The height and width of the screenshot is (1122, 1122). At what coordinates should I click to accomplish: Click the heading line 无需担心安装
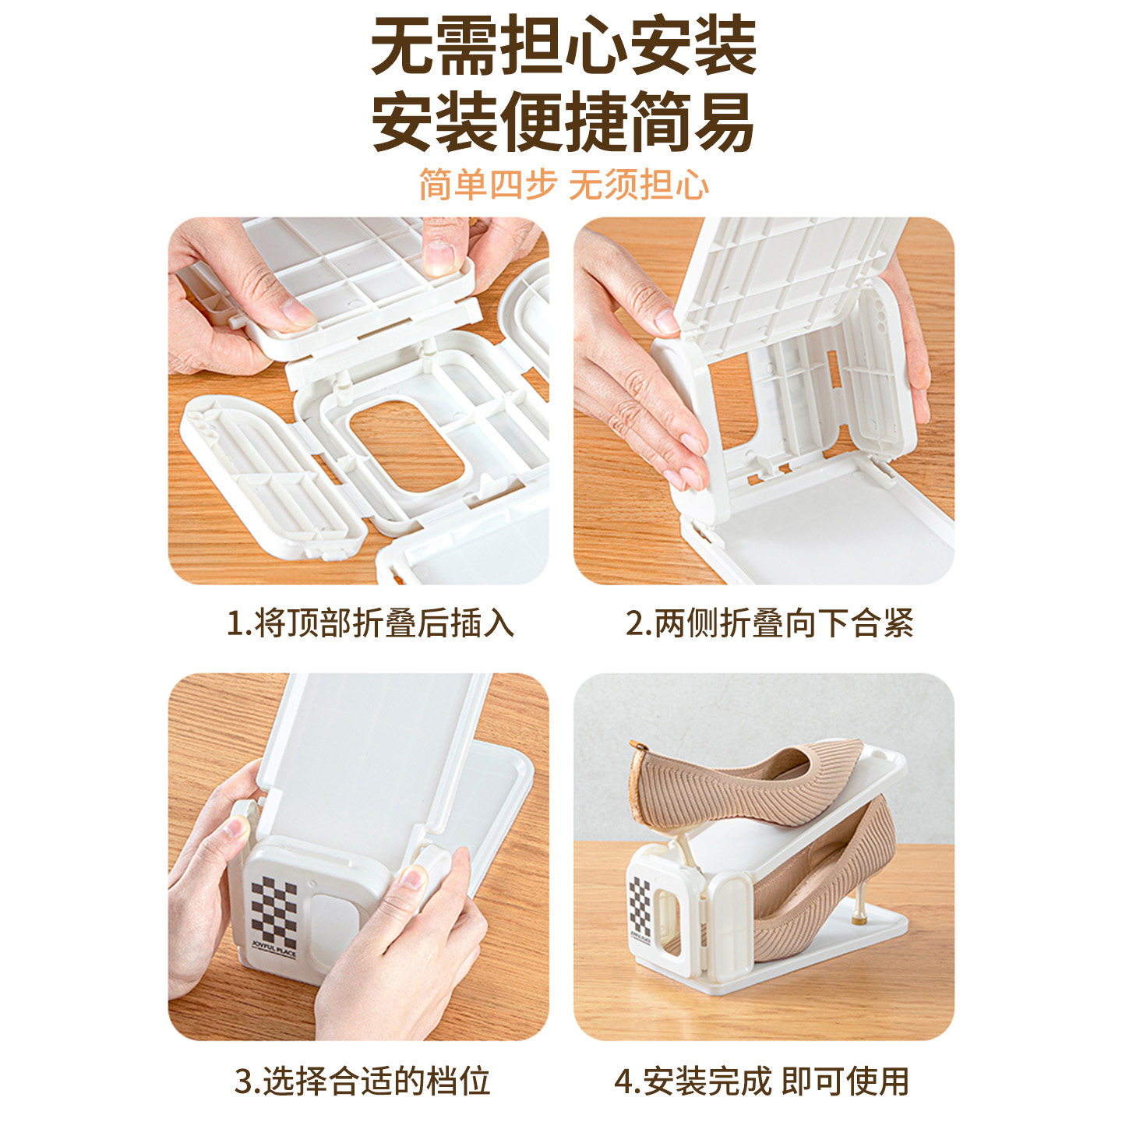pyautogui.click(x=563, y=47)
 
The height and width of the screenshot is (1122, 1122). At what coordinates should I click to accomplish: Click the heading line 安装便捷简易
pyautogui.click(x=563, y=122)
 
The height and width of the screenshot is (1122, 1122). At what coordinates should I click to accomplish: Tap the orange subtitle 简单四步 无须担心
pyautogui.click(x=563, y=185)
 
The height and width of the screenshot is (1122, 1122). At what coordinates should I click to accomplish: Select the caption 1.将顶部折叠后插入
pyautogui.click(x=370, y=623)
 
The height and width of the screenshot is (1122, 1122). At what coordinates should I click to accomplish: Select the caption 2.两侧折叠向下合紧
pyautogui.click(x=769, y=623)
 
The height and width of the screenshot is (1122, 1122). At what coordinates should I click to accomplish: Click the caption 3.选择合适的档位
pyautogui.click(x=362, y=1081)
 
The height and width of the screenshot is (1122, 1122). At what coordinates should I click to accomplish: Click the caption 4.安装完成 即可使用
pyautogui.click(x=761, y=1081)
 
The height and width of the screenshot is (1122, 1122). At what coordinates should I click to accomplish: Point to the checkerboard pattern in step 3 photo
pyautogui.click(x=273, y=909)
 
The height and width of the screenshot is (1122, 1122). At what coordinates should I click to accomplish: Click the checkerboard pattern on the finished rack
pyautogui.click(x=640, y=905)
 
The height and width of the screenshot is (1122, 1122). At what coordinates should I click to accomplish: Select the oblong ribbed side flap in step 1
pyautogui.click(x=273, y=475)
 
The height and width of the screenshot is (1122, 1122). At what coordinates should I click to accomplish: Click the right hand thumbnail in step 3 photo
pyautogui.click(x=411, y=879)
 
